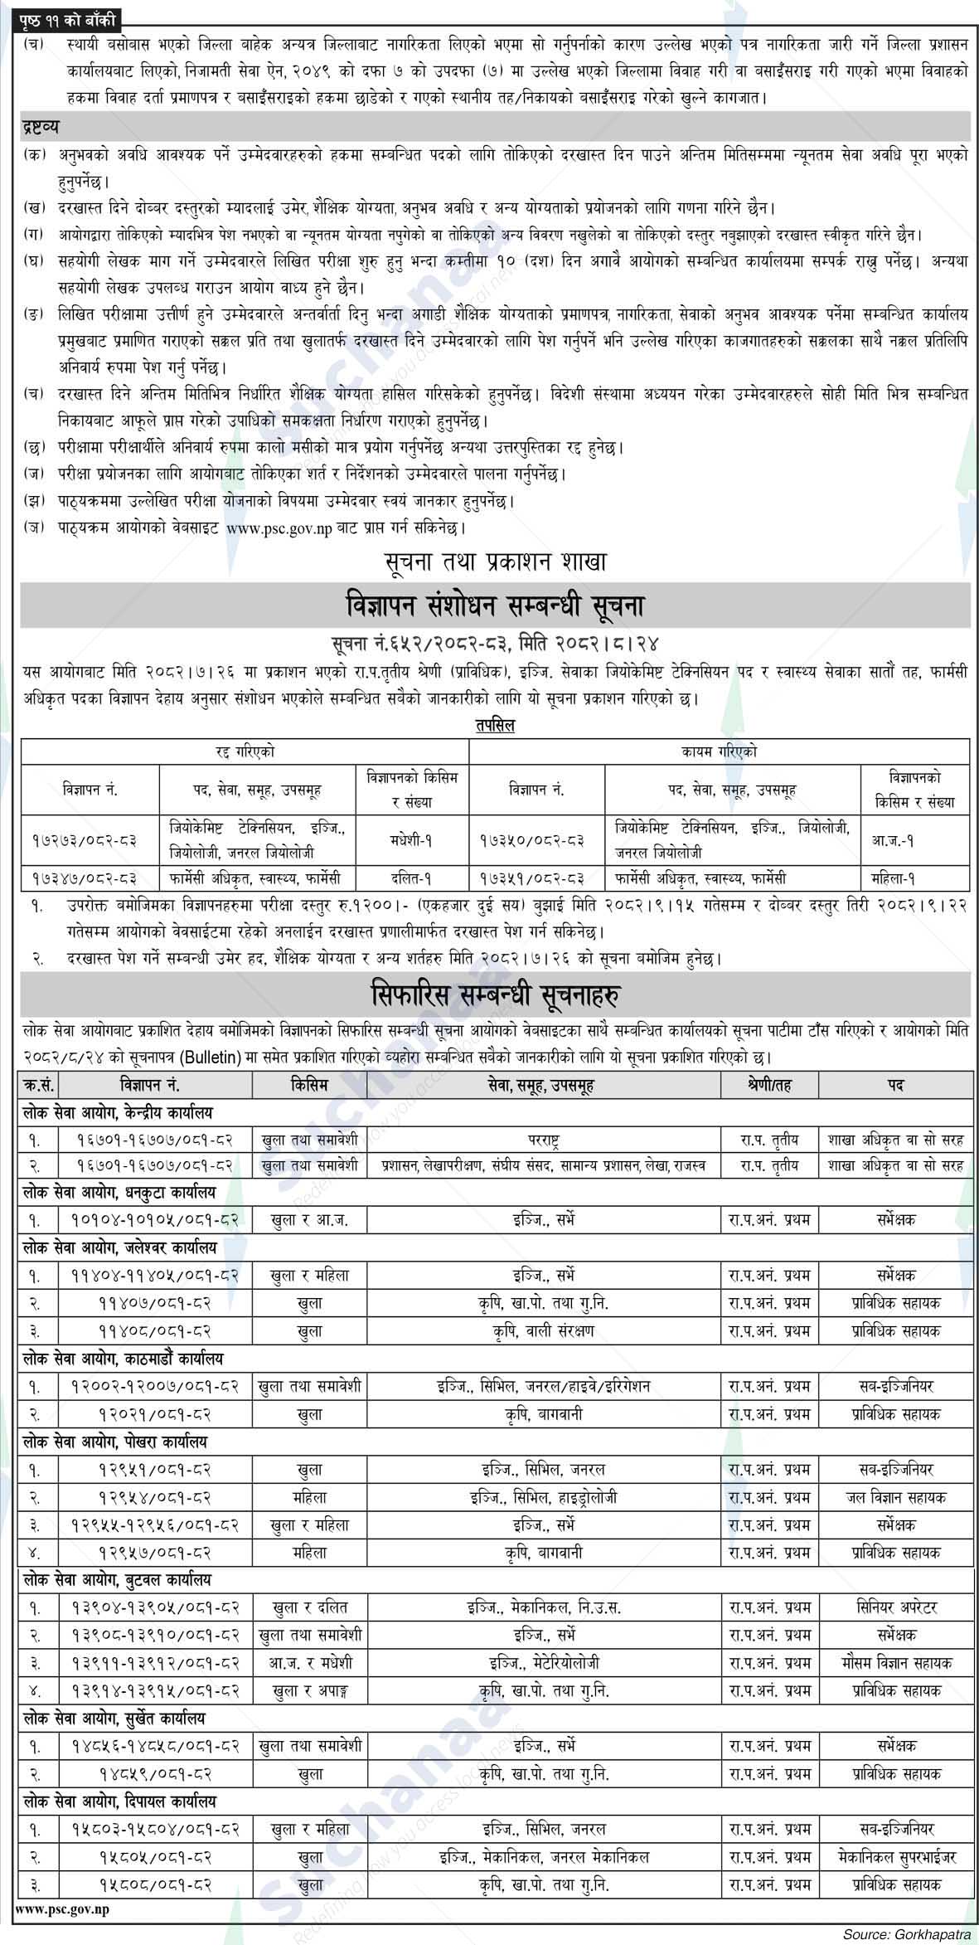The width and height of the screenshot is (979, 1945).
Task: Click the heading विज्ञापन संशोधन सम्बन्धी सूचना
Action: point(495,606)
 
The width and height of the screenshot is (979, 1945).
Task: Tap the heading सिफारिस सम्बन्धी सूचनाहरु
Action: point(495,994)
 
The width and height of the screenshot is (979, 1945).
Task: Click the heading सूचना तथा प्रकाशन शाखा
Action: point(495,563)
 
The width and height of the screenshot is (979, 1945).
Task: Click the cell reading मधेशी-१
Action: point(412,839)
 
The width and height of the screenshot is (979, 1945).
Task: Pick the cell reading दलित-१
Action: point(412,877)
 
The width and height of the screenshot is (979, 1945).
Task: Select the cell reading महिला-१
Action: point(914,877)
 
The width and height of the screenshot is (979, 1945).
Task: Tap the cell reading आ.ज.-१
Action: point(914,839)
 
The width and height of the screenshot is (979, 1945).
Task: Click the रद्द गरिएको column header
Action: point(245,751)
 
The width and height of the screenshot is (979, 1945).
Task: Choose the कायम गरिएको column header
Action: point(720,751)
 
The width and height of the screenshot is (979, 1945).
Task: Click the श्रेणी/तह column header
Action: point(769,1084)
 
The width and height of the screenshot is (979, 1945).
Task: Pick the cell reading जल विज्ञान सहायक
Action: point(897,1497)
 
